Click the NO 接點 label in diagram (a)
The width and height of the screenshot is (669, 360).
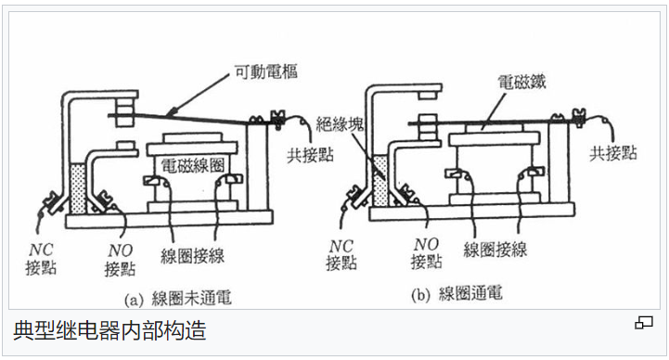click(120, 259)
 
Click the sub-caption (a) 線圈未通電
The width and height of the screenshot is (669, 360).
click(177, 299)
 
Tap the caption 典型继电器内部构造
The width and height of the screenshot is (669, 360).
click(109, 329)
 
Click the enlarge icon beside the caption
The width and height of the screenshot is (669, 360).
click(643, 323)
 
